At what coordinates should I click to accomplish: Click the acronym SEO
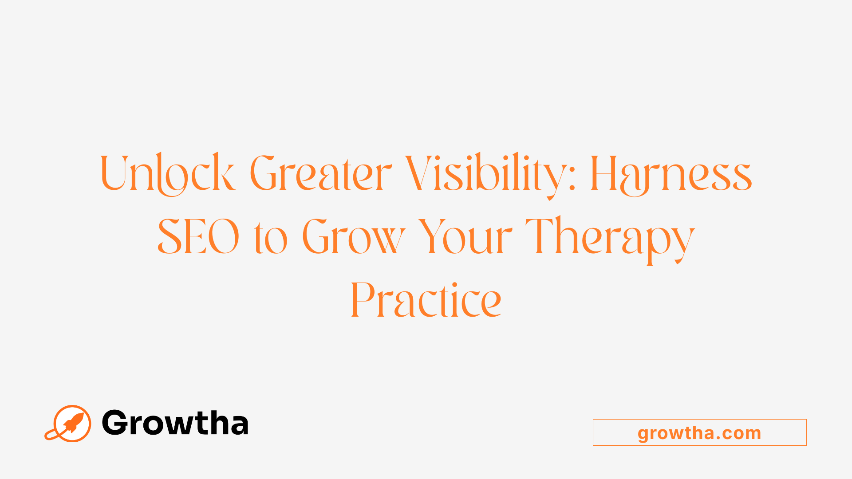pyautogui.click(x=199, y=237)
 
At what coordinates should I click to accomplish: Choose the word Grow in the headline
pyautogui.click(x=354, y=237)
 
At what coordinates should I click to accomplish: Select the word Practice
pyautogui.click(x=426, y=300)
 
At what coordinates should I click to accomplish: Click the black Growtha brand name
pyautogui.click(x=175, y=423)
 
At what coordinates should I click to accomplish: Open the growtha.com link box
pyautogui.click(x=699, y=432)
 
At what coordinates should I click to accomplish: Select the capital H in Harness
pyautogui.click(x=604, y=173)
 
